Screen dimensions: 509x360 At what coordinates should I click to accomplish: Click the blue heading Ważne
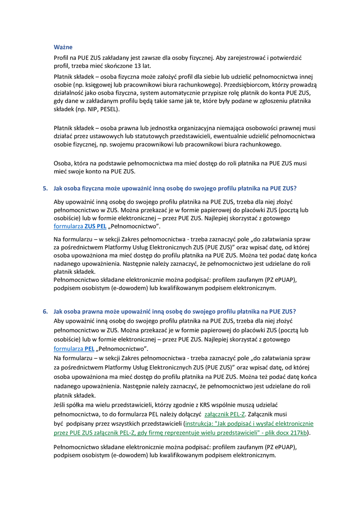click(63, 47)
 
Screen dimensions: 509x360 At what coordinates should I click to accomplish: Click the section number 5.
click(46, 188)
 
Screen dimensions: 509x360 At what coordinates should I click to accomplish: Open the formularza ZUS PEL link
click(80, 226)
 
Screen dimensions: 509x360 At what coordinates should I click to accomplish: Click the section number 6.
click(46, 311)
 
